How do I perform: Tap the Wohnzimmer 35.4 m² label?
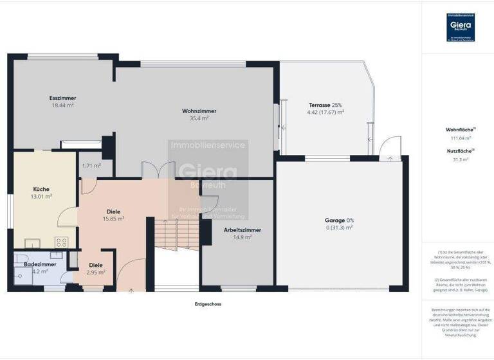[199, 114]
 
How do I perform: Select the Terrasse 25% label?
[325, 108]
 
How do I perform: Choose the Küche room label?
[42, 192]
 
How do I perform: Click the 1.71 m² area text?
[91, 165]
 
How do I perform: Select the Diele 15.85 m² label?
[114, 215]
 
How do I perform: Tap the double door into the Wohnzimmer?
[158, 172]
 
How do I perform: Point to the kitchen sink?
[32, 243]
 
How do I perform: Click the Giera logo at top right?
[459, 28]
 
